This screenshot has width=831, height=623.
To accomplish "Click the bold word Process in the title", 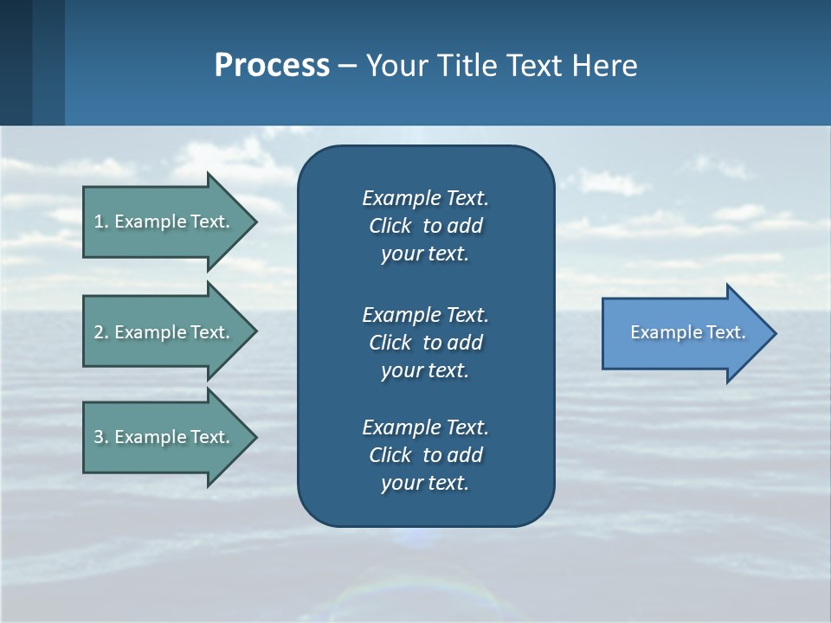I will [272, 66].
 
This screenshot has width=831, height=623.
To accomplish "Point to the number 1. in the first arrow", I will [101, 222].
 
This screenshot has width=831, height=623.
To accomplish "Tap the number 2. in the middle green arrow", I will [101, 332].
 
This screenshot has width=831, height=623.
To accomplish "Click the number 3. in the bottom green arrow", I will [101, 437].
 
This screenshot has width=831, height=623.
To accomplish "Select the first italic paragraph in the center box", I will [425, 226].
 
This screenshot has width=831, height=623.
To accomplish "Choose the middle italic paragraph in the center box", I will [425, 343].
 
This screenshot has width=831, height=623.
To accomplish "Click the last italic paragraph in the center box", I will [425, 455].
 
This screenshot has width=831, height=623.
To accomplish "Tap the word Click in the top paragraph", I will [390, 226].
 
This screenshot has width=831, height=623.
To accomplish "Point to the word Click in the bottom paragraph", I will [390, 455].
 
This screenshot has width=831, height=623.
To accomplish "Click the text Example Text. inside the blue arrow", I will [687, 332].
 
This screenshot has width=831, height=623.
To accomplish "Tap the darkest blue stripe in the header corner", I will [16, 62].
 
